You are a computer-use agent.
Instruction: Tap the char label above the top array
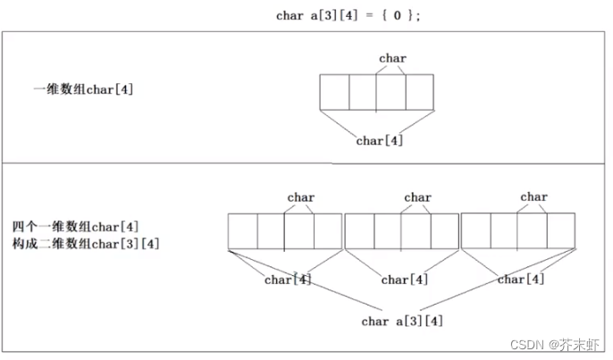point(392,59)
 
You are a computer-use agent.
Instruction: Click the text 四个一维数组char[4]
point(76,225)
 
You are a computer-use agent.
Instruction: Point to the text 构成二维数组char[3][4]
point(86,243)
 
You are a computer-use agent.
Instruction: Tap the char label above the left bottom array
point(301,197)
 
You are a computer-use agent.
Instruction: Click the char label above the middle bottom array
point(417,197)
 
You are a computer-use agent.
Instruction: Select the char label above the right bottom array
point(533,197)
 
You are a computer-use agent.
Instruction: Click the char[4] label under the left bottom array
point(288,280)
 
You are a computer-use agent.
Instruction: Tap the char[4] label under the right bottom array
point(521,279)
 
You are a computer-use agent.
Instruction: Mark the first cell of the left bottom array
point(242,231)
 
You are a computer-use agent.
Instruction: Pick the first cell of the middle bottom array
point(359,231)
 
